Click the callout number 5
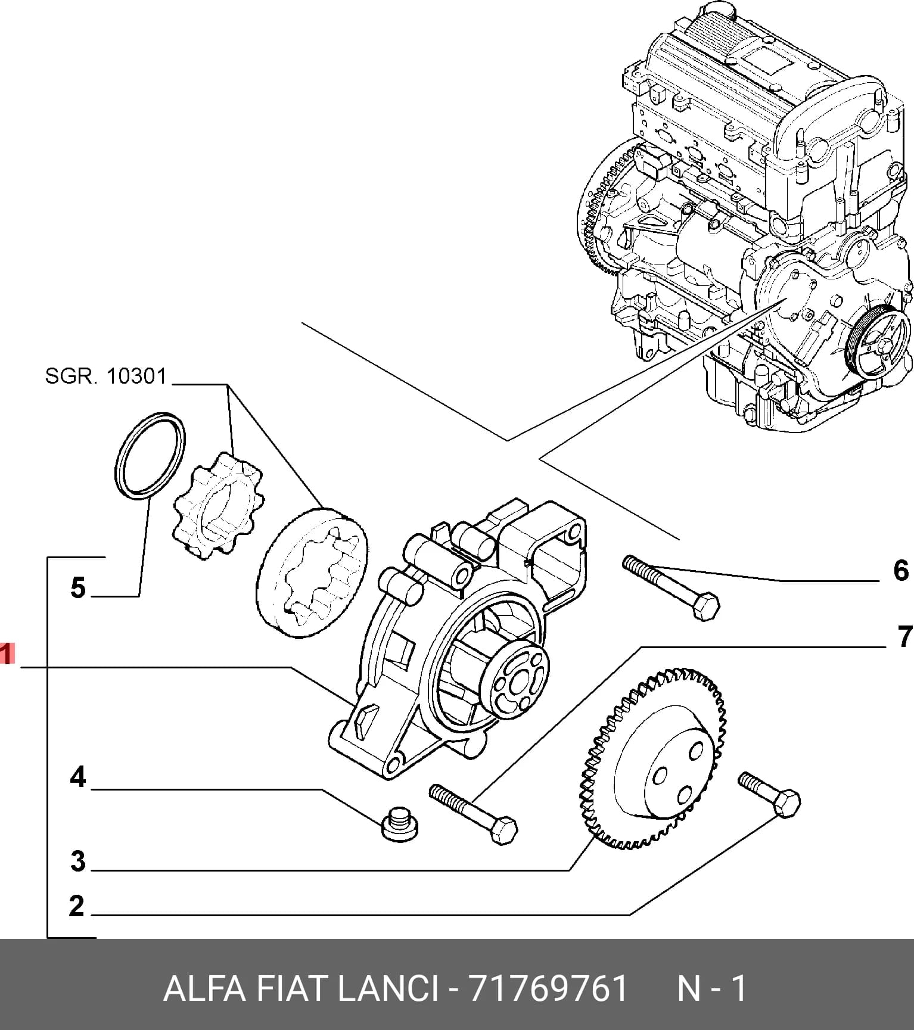click(78, 588)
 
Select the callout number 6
click(901, 570)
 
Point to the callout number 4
click(78, 777)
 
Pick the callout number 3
click(78, 861)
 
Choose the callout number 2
click(77, 905)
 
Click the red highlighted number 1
click(6, 655)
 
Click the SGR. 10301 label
click(105, 376)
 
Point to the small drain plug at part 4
click(399, 824)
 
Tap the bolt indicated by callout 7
click(473, 813)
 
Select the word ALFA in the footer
click(204, 989)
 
